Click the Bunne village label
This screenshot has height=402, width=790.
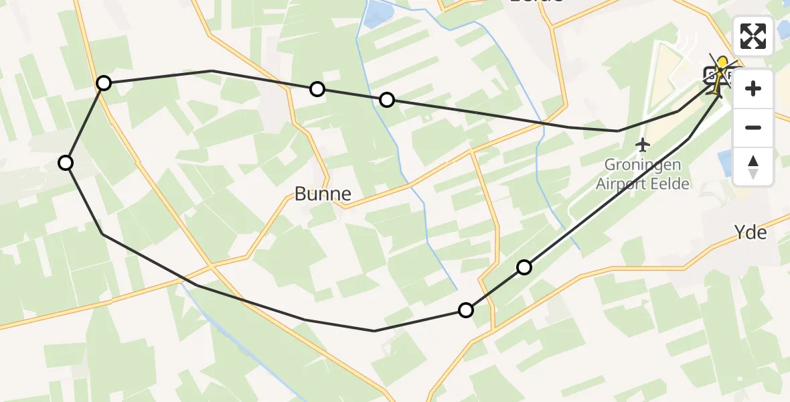tap(323, 195)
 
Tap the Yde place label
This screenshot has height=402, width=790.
tap(750, 232)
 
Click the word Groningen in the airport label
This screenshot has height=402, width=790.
tap(643, 165)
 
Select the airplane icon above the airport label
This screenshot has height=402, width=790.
tap(643, 144)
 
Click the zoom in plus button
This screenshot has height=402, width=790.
tap(753, 89)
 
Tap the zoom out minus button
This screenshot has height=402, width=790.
tap(753, 127)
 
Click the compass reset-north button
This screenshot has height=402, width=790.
tap(753, 166)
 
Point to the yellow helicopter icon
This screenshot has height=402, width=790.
tap(721, 73)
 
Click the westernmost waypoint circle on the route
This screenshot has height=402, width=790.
tap(66, 163)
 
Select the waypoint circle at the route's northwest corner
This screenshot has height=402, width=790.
tap(104, 83)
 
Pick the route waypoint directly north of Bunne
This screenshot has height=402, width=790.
tap(317, 89)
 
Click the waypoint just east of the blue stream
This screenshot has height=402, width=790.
tap(386, 100)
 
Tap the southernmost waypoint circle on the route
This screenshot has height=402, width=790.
tap(466, 310)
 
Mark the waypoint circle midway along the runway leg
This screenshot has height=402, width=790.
tap(524, 268)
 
